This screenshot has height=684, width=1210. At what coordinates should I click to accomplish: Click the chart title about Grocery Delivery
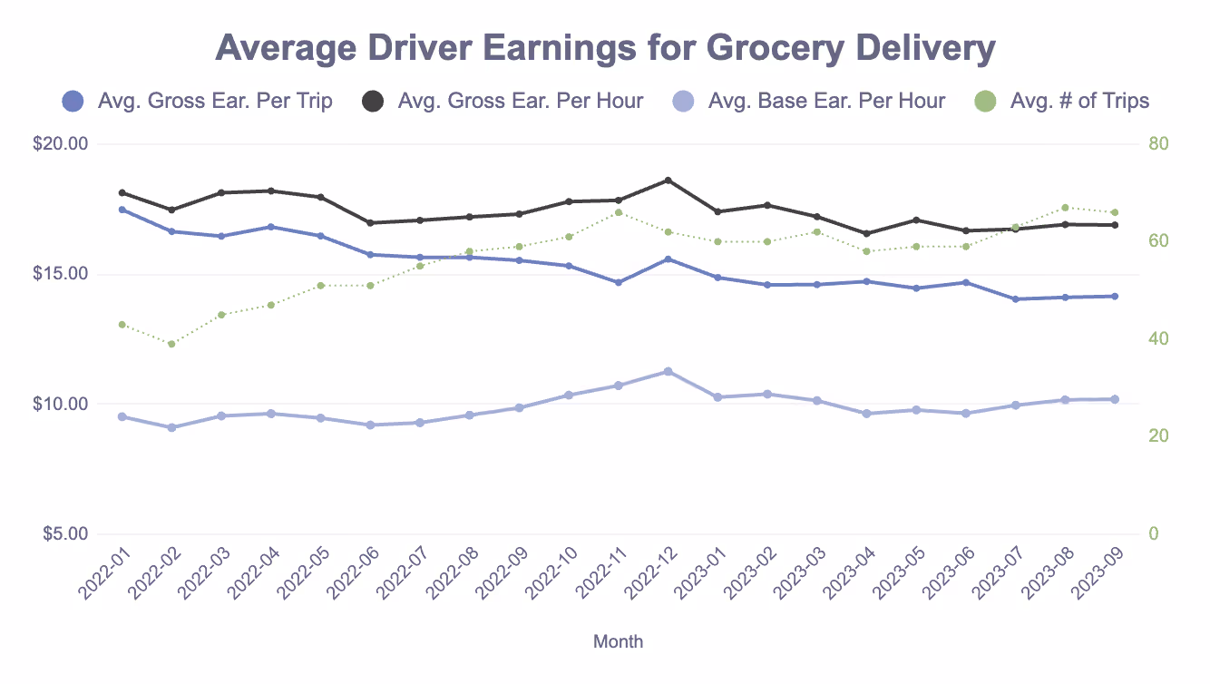605,48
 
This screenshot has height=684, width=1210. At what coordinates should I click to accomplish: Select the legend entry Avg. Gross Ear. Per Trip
214,101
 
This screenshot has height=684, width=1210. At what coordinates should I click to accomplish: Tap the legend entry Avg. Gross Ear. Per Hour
520,101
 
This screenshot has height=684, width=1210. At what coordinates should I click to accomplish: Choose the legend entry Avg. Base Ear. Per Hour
825,101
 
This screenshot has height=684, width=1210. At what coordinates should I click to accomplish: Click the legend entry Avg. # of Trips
1079,101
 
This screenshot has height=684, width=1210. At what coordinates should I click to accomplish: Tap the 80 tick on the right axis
1158,144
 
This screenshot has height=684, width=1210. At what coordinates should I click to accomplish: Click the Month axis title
618,641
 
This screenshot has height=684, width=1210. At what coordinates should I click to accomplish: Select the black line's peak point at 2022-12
668,181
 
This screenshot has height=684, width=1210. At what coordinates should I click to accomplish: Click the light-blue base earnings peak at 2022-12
668,372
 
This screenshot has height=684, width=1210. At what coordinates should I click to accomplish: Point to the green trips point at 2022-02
171,344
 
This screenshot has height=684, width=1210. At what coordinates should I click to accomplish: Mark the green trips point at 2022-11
619,212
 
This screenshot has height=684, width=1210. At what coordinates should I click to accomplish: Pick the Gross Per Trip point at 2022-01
122,210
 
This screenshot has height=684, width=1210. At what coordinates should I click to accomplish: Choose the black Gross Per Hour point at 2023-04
867,234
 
